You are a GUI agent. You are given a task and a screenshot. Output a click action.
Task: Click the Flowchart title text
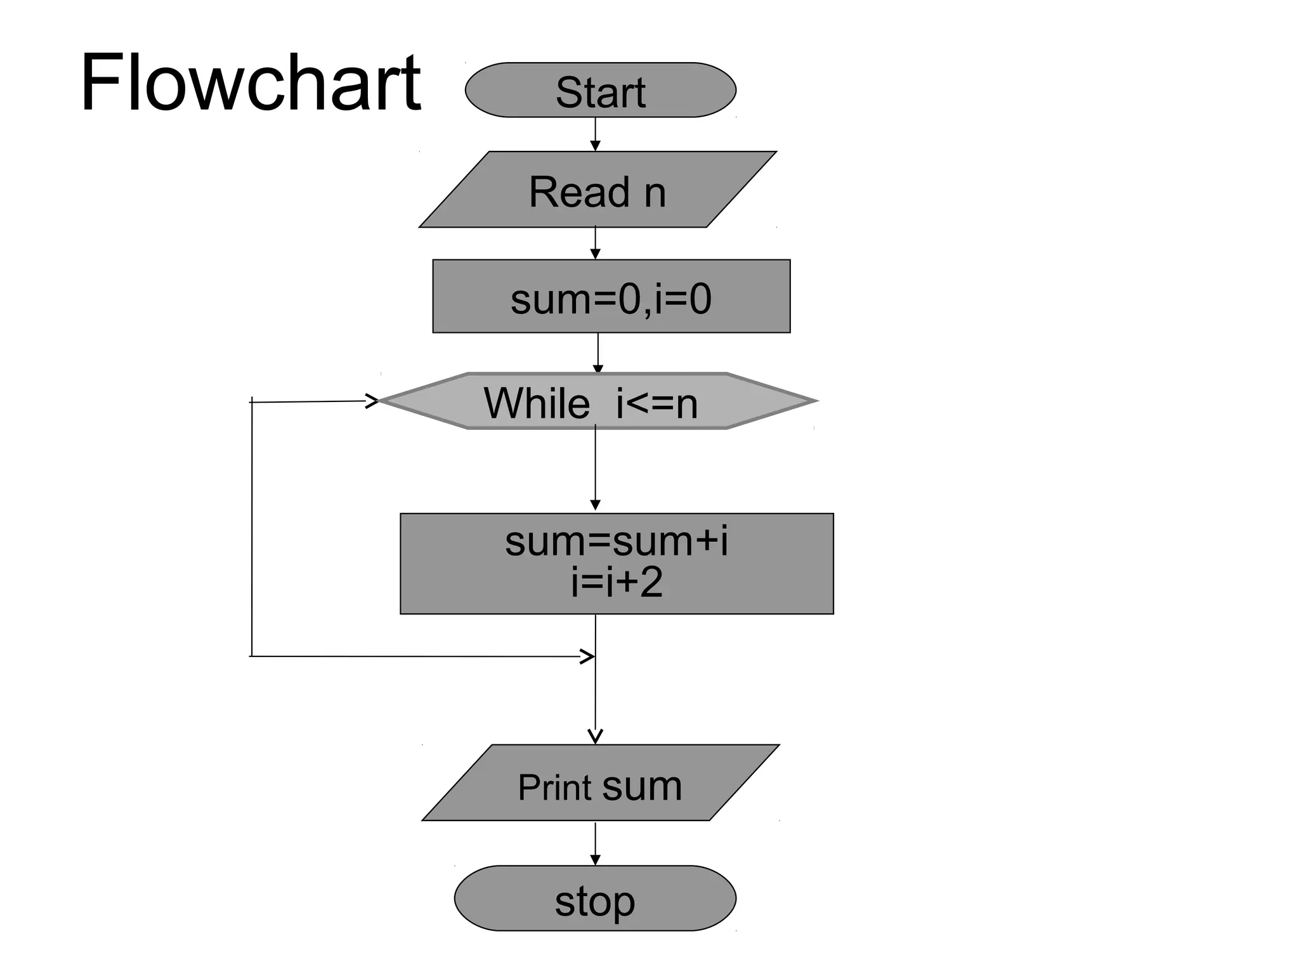click(250, 84)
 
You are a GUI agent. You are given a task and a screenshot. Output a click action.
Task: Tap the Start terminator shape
click(600, 90)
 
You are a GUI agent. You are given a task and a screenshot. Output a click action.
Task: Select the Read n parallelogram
click(597, 190)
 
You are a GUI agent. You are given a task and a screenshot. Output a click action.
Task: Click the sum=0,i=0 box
click(611, 296)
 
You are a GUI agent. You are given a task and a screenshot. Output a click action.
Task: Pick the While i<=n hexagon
click(597, 401)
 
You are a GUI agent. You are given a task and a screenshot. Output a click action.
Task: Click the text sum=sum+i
click(616, 542)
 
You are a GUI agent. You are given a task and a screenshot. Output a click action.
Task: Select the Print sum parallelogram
click(600, 783)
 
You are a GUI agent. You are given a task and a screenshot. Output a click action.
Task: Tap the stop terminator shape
click(594, 899)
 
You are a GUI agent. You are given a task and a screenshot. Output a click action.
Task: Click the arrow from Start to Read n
click(595, 134)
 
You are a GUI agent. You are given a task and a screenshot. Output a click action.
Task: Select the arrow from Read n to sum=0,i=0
click(595, 243)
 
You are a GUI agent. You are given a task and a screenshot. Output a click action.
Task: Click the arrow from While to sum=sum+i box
click(595, 469)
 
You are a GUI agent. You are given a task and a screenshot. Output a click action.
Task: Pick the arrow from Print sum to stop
click(595, 843)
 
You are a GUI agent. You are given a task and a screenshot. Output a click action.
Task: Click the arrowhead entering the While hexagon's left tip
click(372, 401)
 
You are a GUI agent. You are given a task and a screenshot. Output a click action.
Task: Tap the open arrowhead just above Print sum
click(595, 736)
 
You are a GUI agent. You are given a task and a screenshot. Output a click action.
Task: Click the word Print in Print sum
click(554, 788)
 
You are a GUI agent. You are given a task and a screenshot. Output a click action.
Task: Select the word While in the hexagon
click(537, 403)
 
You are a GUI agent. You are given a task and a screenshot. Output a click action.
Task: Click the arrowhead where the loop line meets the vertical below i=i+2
click(587, 656)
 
